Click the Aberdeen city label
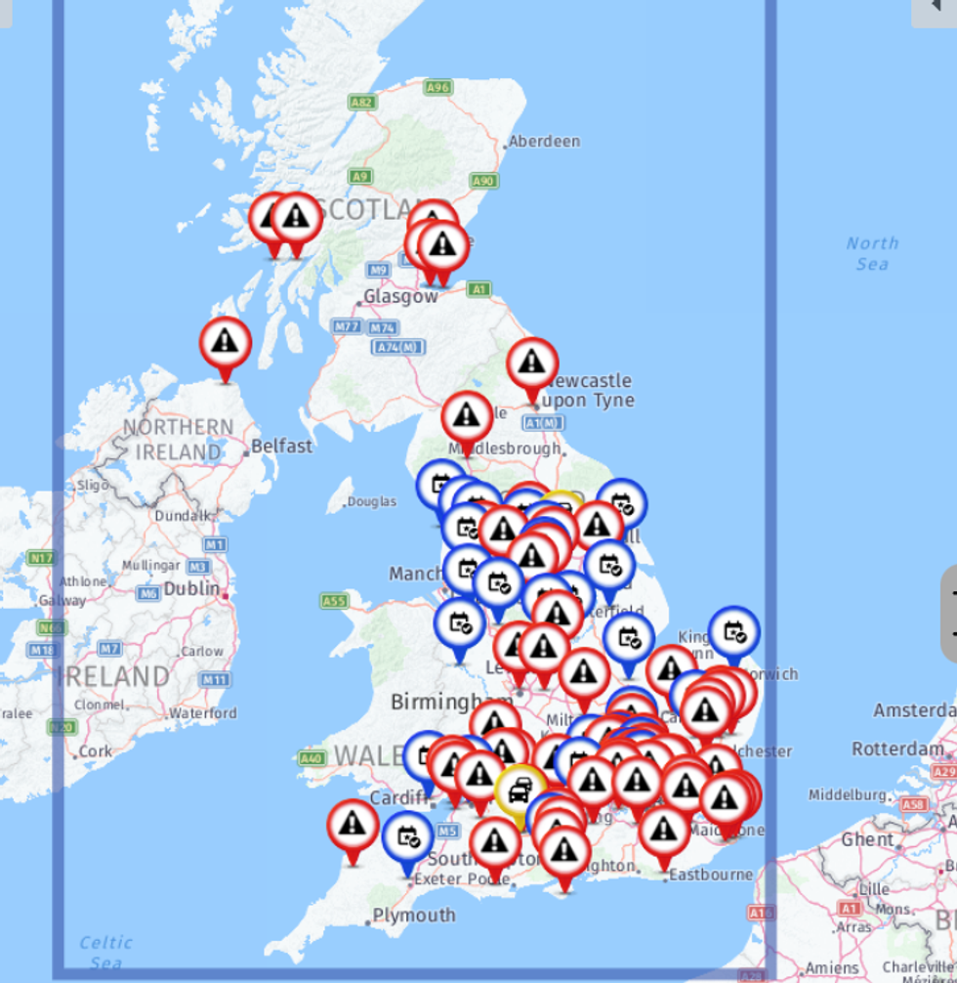(544, 142)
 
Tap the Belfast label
(281, 447)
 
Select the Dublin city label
(190, 590)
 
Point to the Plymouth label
(413, 916)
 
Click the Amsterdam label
(914, 710)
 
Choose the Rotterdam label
(898, 748)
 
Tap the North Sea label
(871, 253)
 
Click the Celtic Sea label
(105, 952)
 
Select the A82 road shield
(361, 102)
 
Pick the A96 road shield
(438, 88)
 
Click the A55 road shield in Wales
(334, 601)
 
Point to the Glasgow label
(400, 296)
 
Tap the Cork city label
(96, 751)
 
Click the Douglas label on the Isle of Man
(372, 501)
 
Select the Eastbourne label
(710, 875)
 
